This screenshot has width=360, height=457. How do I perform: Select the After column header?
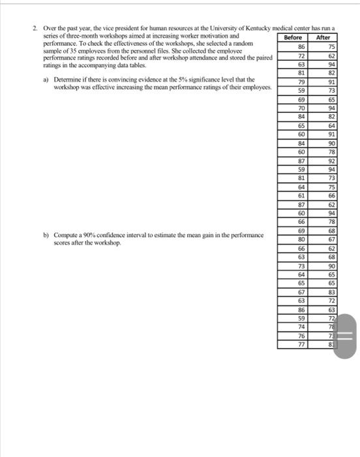322,38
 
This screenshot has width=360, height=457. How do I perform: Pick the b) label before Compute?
46,234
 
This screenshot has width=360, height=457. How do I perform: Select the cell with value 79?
301,82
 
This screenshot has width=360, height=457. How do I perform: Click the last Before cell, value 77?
301,343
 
